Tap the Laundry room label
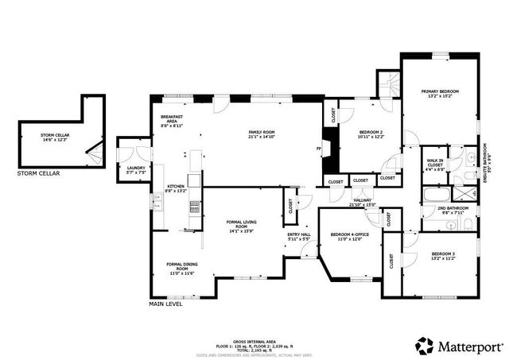[x=135, y=169]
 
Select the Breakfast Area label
[x=173, y=120]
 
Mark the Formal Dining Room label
[x=181, y=268]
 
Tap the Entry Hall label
[x=298, y=236]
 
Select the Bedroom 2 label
[x=371, y=134]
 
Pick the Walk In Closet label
[x=435, y=164]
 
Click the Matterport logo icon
[x=424, y=346]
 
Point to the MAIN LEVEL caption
[x=166, y=303]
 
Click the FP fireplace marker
[x=319, y=149]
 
